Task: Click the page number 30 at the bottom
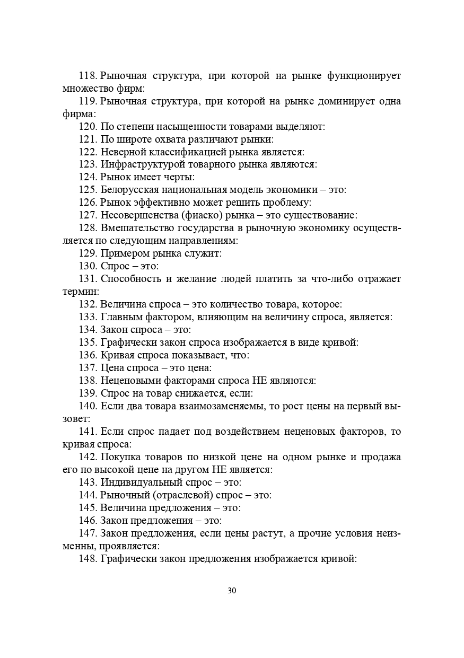pos(232,591)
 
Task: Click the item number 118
pos(87,76)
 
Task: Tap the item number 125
pos(87,190)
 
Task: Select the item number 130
pos(87,266)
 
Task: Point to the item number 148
pos(87,558)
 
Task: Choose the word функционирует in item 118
pos(364,76)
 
